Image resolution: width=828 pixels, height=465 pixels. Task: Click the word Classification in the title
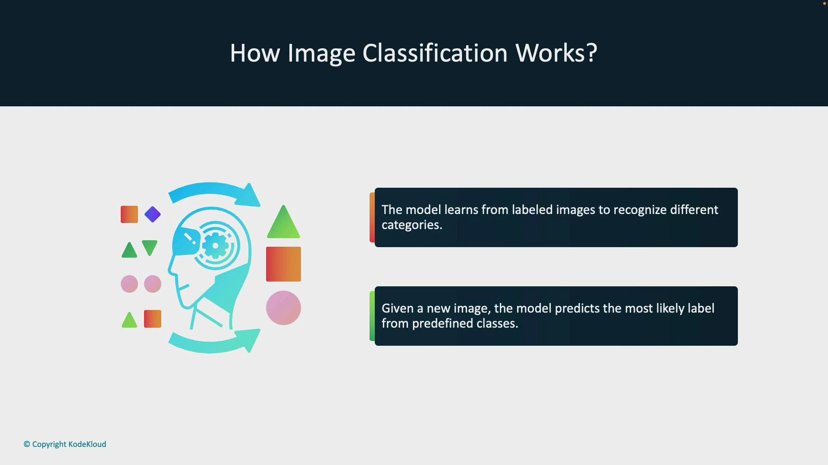click(435, 53)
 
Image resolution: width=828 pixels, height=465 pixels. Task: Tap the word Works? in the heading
click(556, 53)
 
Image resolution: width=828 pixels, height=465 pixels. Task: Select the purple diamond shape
click(153, 214)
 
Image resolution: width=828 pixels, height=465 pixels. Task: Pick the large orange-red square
click(283, 264)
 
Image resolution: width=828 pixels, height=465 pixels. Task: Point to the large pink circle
click(283, 308)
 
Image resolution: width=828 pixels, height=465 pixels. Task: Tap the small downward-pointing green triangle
click(150, 247)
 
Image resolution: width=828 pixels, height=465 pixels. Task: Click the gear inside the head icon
click(215, 245)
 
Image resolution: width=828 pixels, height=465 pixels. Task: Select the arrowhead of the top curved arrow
click(250, 196)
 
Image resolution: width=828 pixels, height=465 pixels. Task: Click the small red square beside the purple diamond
click(129, 214)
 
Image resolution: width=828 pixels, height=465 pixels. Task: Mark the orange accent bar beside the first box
click(372, 217)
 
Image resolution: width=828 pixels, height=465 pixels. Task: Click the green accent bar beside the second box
click(372, 316)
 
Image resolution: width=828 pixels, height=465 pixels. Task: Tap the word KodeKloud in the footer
click(87, 444)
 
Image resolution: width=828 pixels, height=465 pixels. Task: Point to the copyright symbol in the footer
click(27, 444)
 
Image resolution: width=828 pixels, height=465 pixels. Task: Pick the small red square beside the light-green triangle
click(153, 319)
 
